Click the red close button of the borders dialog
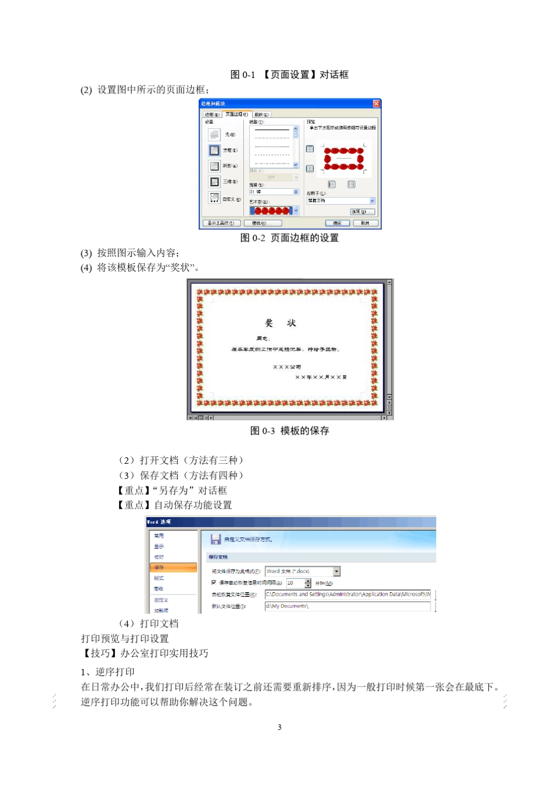pyautogui.click(x=376, y=104)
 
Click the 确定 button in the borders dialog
pyautogui.click(x=337, y=223)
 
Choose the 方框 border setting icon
pyautogui.click(x=215, y=151)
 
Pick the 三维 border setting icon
pyautogui.click(x=215, y=182)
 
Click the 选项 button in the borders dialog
pyautogui.click(x=362, y=212)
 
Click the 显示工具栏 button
pyautogui.click(x=222, y=223)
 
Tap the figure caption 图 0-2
pyautogui.click(x=290, y=238)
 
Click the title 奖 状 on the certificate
pyautogui.click(x=281, y=323)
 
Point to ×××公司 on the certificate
pyautogui.click(x=287, y=367)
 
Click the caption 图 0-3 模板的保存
pyautogui.click(x=290, y=431)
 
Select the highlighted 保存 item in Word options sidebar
pyautogui.click(x=174, y=568)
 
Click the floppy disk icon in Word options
pyautogui.click(x=215, y=539)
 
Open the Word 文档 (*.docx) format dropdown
pyautogui.click(x=337, y=572)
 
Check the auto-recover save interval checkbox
pyautogui.click(x=214, y=583)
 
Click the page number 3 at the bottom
pyautogui.click(x=279, y=727)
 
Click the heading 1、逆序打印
pyautogui.click(x=108, y=672)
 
